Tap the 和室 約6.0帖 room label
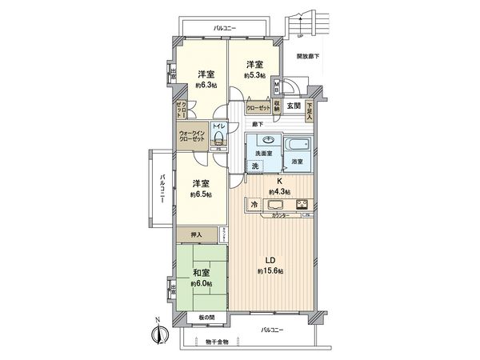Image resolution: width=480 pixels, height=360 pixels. (200, 277)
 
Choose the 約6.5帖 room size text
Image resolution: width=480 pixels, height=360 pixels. (201, 194)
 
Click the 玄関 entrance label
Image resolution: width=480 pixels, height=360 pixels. (293, 106)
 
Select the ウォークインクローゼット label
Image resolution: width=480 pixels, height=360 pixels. (192, 135)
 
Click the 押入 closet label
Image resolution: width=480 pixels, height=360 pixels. (198, 235)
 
